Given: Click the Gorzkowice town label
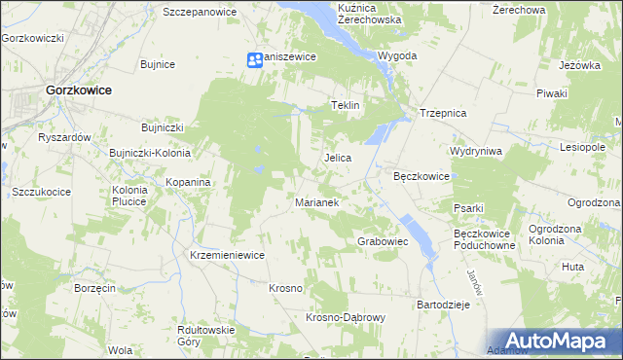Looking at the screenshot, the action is [78, 90].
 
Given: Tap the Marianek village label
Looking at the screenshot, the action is [316, 203].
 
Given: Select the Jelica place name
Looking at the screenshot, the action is [337, 158].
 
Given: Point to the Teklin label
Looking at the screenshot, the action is [346, 105].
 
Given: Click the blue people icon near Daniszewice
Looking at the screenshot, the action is [254, 59].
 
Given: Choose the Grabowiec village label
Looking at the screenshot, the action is [383, 240].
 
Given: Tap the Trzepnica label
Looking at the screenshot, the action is [444, 113].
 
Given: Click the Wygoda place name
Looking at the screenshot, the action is [397, 56].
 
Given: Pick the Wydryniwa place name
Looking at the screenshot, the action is [475, 152].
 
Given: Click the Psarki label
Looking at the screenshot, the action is [468, 208].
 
